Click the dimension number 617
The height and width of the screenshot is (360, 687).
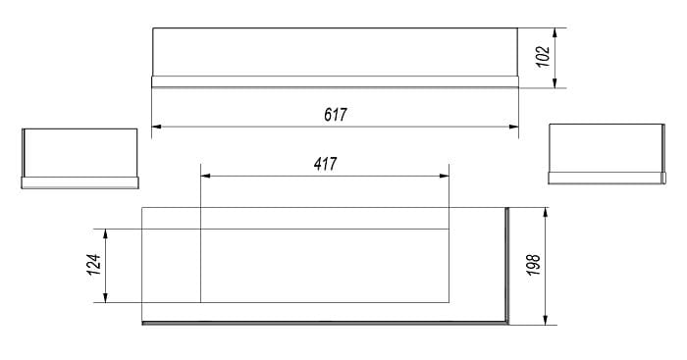click(336, 115)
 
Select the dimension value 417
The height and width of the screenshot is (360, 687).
click(325, 164)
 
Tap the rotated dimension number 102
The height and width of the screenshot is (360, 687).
click(543, 57)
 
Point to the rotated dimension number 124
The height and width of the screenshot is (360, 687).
click(94, 265)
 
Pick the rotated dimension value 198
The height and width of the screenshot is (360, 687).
click(534, 265)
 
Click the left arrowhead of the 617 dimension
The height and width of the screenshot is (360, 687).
click(156, 127)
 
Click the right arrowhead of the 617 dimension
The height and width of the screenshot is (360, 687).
click(513, 127)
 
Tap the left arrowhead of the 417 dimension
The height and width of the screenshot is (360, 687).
click(205, 176)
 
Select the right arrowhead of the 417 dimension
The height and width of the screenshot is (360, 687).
click(445, 176)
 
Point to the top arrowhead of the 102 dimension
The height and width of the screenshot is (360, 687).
click(555, 33)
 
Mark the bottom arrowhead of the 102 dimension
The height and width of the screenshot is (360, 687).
click(555, 82)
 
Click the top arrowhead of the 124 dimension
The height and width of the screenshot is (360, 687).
click(105, 233)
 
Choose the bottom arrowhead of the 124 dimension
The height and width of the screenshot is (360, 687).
click(105, 297)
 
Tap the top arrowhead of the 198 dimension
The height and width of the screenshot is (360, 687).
click(546, 213)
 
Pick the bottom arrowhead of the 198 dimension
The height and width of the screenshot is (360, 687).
click(546, 320)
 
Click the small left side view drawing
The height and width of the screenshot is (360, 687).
click(80, 159)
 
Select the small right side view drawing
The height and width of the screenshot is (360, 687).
click(607, 154)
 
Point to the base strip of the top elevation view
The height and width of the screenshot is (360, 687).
click(336, 81)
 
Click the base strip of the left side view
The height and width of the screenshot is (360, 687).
click(80, 183)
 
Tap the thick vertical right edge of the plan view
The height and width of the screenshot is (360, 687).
click(507, 266)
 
